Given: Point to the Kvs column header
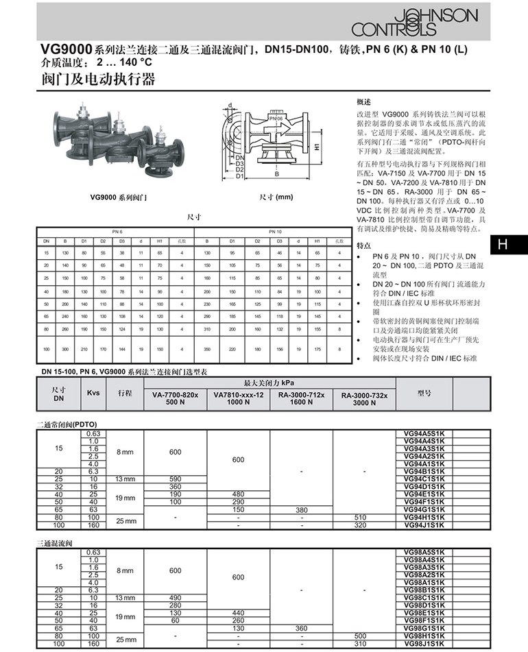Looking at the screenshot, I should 93,393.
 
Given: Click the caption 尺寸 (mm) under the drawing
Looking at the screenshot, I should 275,197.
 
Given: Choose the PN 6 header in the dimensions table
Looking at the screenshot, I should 117,232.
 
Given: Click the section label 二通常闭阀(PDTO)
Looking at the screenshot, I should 68,424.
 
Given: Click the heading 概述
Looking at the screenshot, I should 364,99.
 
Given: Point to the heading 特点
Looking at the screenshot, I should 364,245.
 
